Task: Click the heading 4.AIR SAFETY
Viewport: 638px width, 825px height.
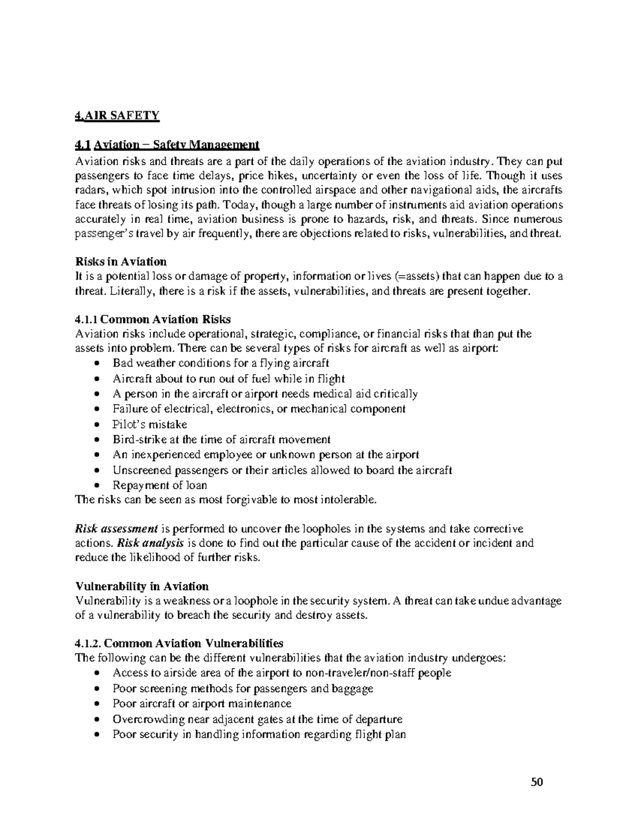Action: [117, 116]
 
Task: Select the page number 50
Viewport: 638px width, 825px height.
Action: [538, 782]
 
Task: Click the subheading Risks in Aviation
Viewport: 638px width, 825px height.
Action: [121, 261]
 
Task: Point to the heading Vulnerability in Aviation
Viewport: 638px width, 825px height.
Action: [142, 586]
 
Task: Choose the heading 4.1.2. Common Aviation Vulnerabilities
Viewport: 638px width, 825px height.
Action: [180, 643]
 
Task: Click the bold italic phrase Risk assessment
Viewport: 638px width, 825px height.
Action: [116, 529]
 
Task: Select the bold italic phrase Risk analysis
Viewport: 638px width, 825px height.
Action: [150, 543]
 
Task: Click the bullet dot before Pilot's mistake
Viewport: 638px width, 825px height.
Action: [96, 425]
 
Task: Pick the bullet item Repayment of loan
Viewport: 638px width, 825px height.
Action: [159, 485]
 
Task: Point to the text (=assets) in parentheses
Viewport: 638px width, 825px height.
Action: [418, 276]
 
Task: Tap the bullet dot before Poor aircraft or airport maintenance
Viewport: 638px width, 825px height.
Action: [96, 704]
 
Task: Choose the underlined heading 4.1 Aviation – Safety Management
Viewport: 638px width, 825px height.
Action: [167, 144]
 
